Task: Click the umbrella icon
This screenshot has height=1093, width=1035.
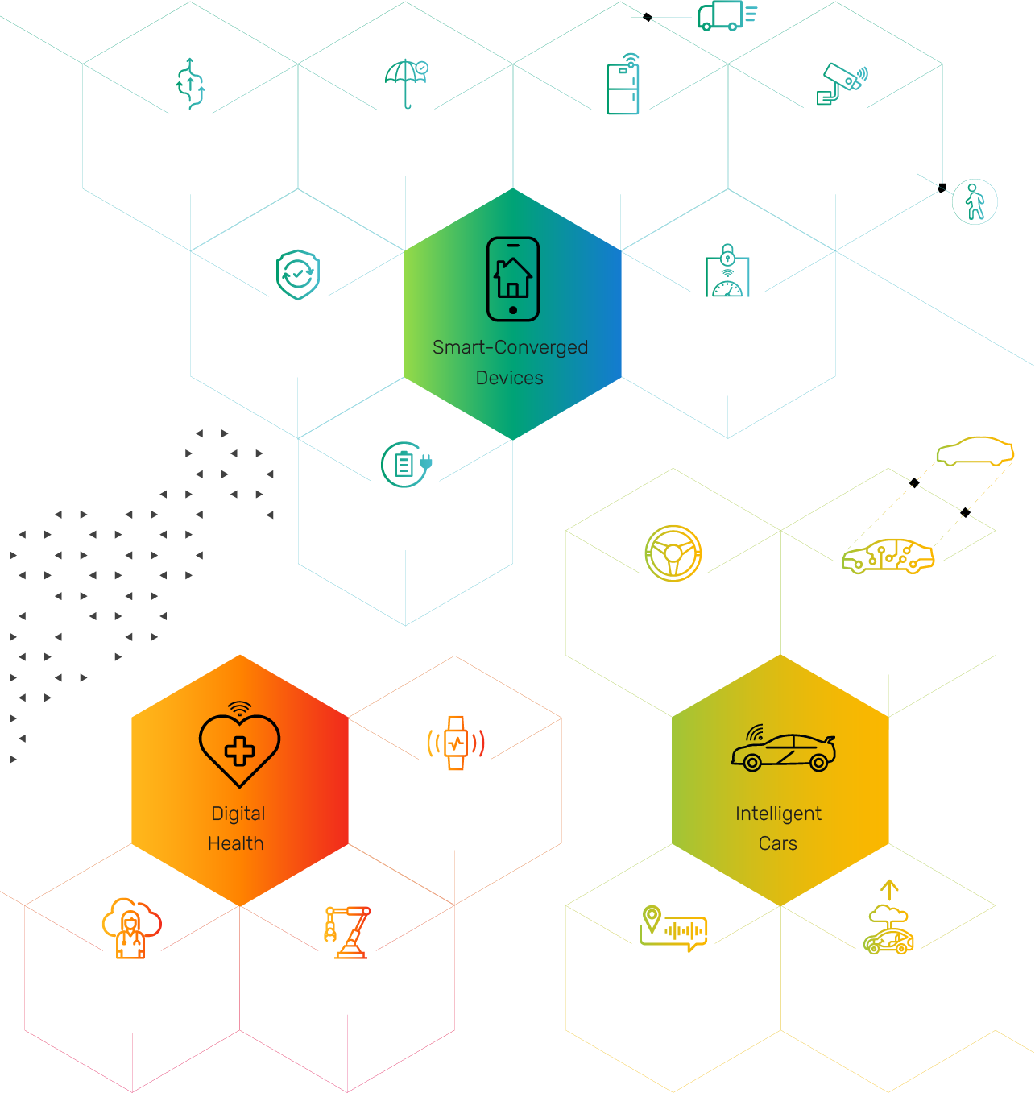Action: (x=406, y=82)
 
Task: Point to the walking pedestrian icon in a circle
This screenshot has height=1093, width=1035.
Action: (x=975, y=201)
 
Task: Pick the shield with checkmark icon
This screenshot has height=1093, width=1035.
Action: (x=298, y=275)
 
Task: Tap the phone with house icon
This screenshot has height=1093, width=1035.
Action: (x=513, y=279)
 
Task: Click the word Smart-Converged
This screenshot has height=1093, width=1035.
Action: (x=510, y=347)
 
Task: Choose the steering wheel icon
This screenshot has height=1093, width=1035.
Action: (x=673, y=553)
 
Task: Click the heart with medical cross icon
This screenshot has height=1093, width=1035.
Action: (x=239, y=745)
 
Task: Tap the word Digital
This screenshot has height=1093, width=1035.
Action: (x=238, y=814)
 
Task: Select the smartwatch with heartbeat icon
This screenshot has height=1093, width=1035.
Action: (x=456, y=743)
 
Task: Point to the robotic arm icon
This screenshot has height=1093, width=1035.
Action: (x=348, y=932)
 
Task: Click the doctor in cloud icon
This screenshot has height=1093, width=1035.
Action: (x=131, y=928)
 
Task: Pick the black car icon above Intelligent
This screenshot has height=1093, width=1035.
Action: (x=783, y=751)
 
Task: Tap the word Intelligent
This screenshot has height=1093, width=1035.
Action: (x=778, y=814)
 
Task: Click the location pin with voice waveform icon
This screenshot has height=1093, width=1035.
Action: (x=673, y=928)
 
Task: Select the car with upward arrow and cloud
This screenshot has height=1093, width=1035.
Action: (x=888, y=920)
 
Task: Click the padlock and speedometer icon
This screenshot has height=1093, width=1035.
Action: (x=727, y=271)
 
